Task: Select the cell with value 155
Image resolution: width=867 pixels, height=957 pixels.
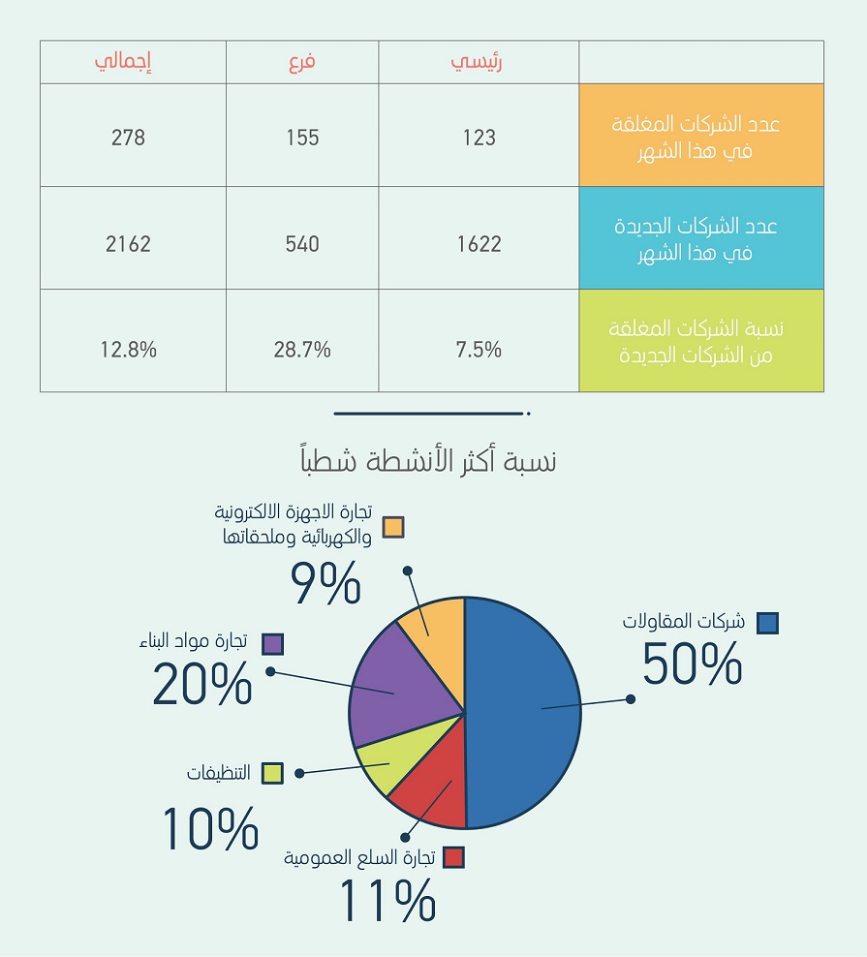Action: pyautogui.click(x=303, y=138)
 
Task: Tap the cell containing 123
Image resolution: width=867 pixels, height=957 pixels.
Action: pyautogui.click(x=479, y=138)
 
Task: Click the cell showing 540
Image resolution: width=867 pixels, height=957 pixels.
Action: pyautogui.click(x=303, y=243)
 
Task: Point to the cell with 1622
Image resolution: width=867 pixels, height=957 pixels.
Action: pyautogui.click(x=479, y=243)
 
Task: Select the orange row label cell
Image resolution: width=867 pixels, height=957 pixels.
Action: pyautogui.click(x=700, y=136)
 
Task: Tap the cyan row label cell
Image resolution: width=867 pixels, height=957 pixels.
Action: pyautogui.click(x=700, y=239)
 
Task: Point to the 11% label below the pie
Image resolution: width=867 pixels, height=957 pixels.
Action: pyautogui.click(x=387, y=901)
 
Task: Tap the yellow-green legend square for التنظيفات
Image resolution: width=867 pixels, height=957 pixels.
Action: pyautogui.click(x=272, y=773)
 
